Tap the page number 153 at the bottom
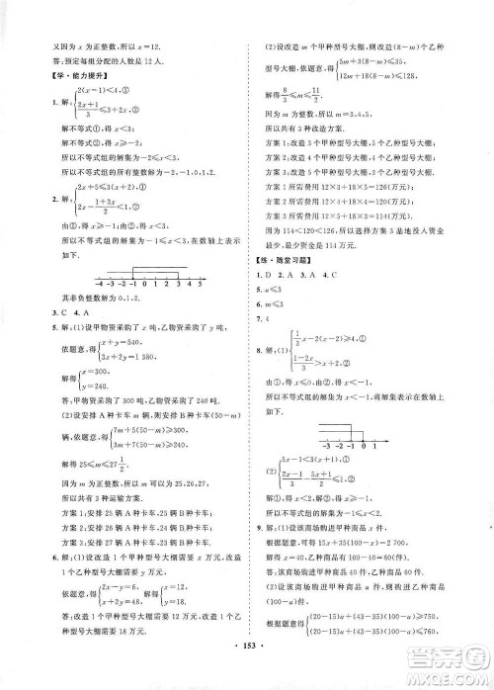[x=247, y=661]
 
